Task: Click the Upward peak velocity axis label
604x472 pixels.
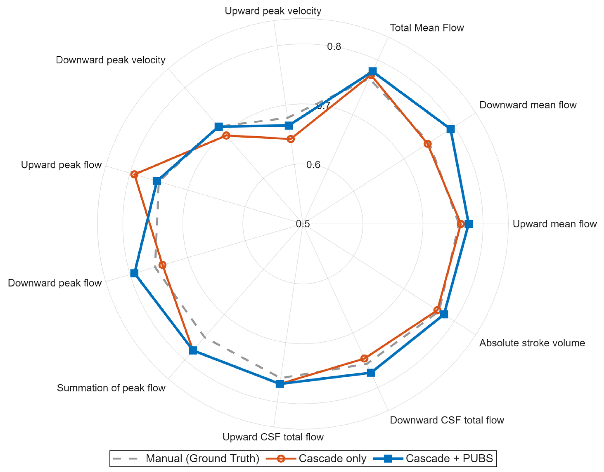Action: tap(273, 11)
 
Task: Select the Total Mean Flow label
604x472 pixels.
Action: tap(427, 28)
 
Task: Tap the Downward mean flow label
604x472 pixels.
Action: tap(528, 105)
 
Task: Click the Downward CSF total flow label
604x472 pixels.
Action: tap(447, 420)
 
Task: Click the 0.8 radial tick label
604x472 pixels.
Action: tap(334, 47)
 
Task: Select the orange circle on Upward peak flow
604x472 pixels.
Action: tap(134, 174)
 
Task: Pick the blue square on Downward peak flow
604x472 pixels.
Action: tap(134, 273)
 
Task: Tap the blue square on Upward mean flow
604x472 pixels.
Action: tap(469, 224)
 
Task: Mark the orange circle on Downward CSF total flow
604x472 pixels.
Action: tap(364, 359)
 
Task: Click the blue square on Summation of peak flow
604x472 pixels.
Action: tap(193, 350)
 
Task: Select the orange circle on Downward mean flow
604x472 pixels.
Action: tap(428, 144)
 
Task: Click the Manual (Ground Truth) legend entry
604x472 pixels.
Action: tap(186, 458)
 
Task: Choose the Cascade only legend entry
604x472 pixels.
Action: tap(316, 458)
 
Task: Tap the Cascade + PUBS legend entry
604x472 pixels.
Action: tap(433, 458)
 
